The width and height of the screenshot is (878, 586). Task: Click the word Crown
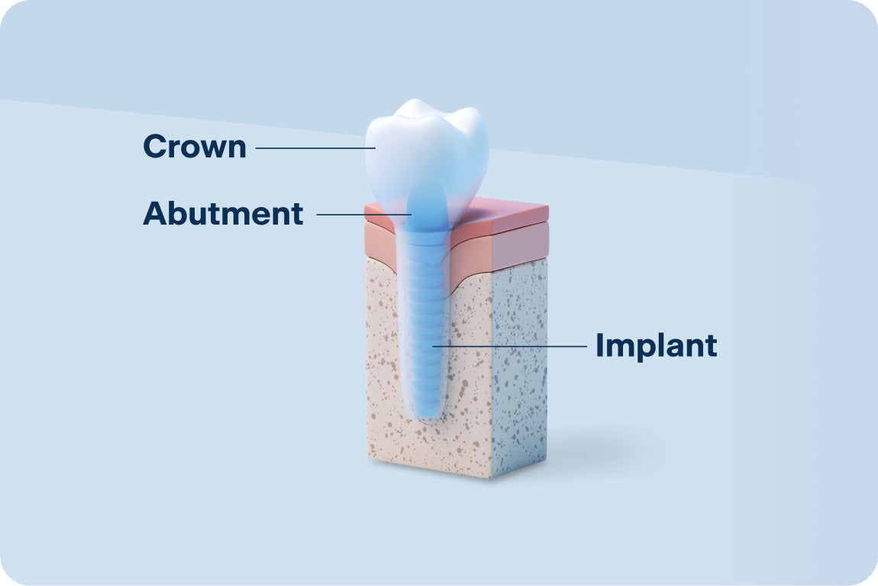click(x=195, y=147)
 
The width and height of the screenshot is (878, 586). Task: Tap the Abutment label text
click(x=223, y=214)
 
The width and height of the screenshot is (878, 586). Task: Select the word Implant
click(x=656, y=346)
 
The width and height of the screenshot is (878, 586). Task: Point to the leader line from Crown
click(x=313, y=147)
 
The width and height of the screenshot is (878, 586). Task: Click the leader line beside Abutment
click(x=359, y=215)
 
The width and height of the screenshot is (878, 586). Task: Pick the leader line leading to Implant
click(x=512, y=346)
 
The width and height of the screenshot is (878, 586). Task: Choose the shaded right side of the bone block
click(x=519, y=367)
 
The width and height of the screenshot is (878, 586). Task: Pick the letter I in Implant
click(x=601, y=346)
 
